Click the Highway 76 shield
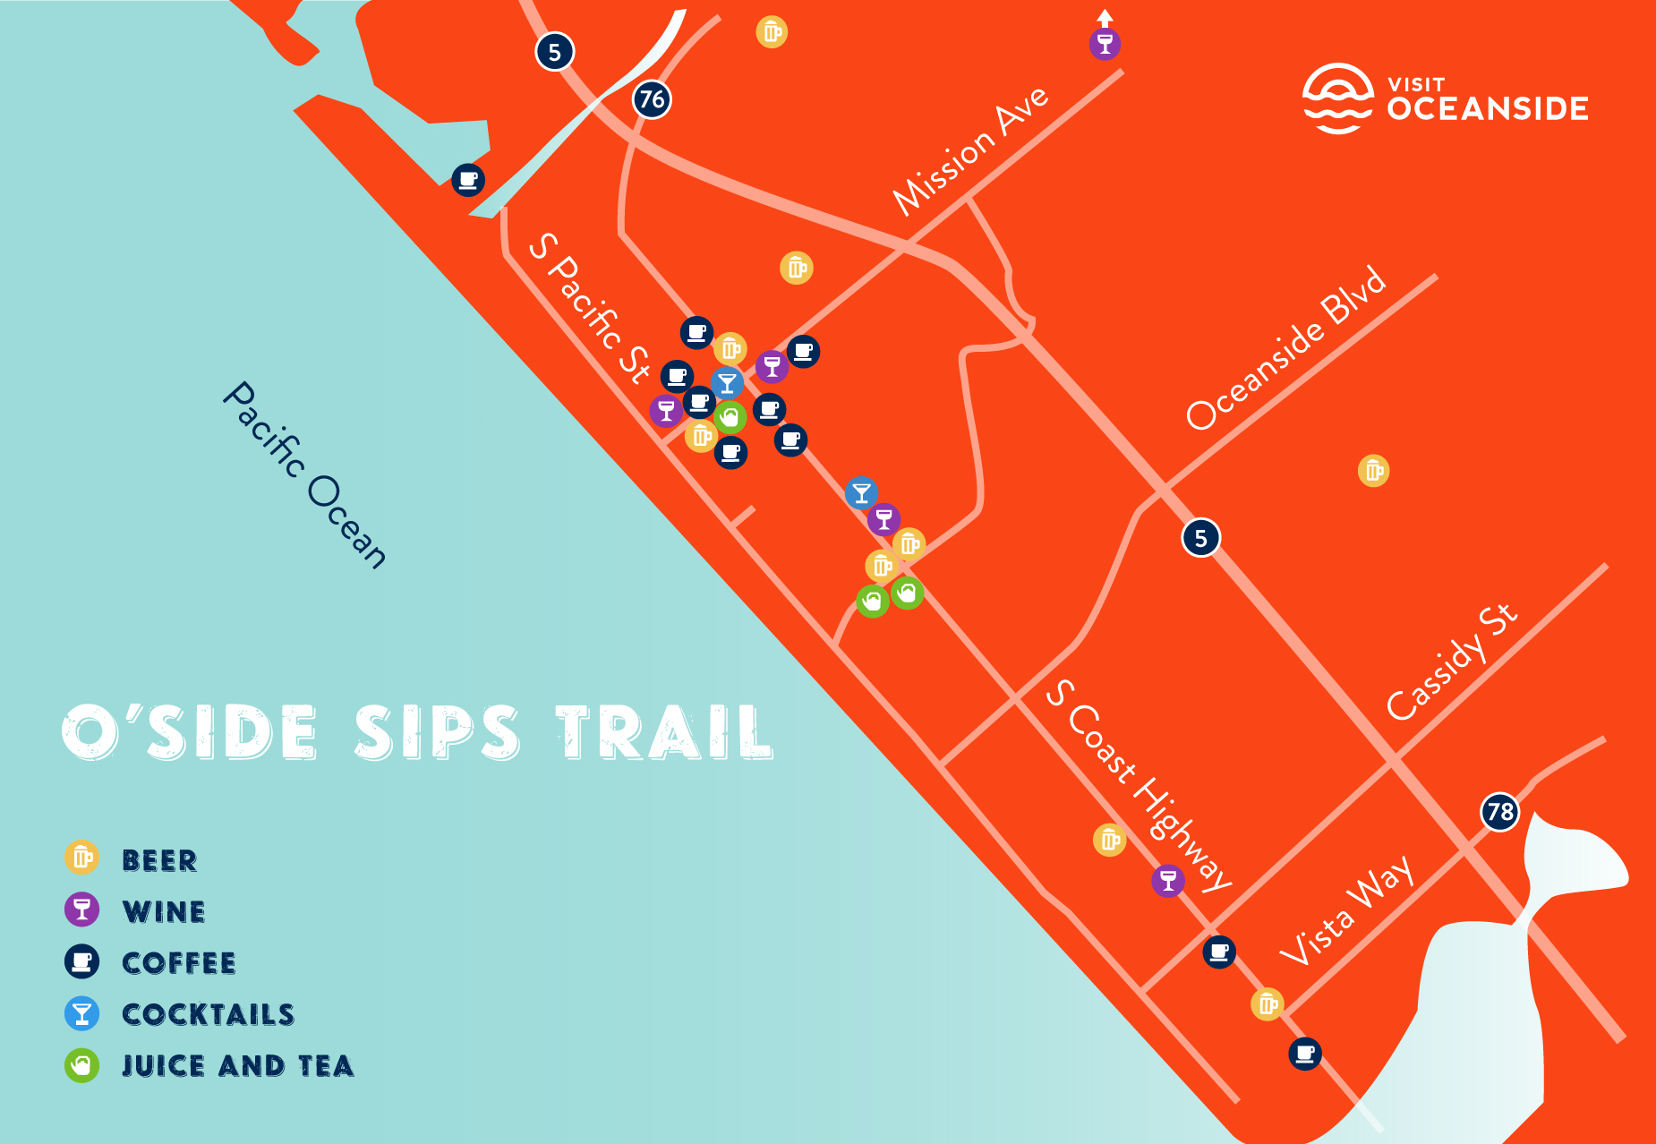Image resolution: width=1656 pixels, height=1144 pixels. pyautogui.click(x=652, y=98)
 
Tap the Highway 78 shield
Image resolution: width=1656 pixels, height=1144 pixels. pyautogui.click(x=1499, y=812)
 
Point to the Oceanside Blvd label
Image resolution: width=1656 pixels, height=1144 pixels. pyautogui.click(x=1285, y=348)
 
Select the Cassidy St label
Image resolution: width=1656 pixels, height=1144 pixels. pyautogui.click(x=1451, y=662)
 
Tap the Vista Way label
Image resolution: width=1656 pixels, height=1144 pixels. pyautogui.click(x=1346, y=910)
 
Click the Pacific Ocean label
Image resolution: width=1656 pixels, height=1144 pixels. pyautogui.click(x=304, y=475)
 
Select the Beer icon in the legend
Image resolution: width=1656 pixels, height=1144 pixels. pyautogui.click(x=81, y=858)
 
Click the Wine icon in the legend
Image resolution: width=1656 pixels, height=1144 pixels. pyautogui.click(x=81, y=909)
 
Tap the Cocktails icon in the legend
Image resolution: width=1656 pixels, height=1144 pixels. pyautogui.click(x=81, y=1013)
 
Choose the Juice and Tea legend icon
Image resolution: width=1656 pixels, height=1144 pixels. pyautogui.click(x=81, y=1065)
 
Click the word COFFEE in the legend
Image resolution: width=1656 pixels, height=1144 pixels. pyautogui.click(x=179, y=962)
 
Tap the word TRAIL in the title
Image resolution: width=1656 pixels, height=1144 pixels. pyautogui.click(x=663, y=732)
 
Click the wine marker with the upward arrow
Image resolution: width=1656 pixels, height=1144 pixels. pyautogui.click(x=1105, y=43)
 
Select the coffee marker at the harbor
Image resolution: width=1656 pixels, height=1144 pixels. pyautogui.click(x=467, y=180)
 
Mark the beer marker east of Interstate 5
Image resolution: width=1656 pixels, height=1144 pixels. pyautogui.click(x=1373, y=470)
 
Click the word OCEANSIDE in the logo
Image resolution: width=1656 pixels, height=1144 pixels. pyautogui.click(x=1488, y=109)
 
